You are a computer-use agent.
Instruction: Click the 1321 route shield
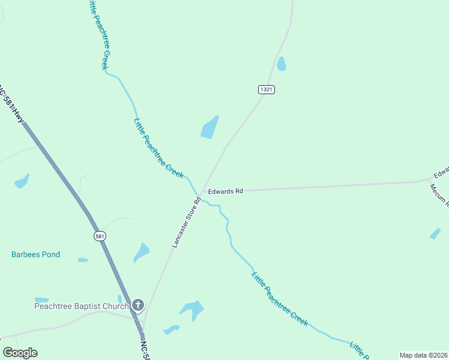coord(267,89)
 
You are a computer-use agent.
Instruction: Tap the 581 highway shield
coord(100,236)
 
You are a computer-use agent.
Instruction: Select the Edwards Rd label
coord(225,191)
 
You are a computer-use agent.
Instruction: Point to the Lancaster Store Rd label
coord(185,222)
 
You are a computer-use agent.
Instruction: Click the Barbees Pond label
coord(35,254)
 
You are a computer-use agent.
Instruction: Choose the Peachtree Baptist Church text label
coord(81,306)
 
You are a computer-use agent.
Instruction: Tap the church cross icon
coord(138,306)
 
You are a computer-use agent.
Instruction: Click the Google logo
coord(20,353)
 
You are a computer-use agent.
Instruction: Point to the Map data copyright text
coord(424,355)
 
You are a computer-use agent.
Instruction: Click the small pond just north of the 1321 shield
coord(281,64)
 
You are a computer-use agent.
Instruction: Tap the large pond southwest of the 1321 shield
coord(209,127)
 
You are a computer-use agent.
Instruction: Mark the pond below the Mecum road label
coord(435,233)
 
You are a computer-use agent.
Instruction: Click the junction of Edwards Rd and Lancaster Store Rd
coord(202,192)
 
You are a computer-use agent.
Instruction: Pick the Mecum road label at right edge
coord(439,192)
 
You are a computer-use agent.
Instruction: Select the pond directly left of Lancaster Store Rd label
coord(142,252)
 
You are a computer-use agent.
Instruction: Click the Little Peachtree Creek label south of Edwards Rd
coord(280,299)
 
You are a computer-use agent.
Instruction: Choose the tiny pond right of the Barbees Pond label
coord(83,260)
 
